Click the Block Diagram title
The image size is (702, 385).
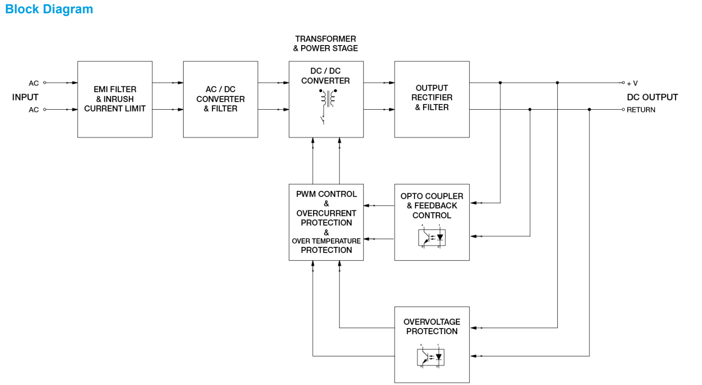tap(49, 9)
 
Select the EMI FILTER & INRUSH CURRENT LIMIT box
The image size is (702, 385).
tap(115, 99)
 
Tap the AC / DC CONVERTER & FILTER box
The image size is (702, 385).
tap(221, 99)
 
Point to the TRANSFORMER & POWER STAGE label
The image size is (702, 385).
tap(325, 43)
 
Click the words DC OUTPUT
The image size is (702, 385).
tap(652, 97)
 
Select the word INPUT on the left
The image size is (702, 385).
tap(25, 97)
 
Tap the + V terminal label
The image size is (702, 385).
tap(632, 83)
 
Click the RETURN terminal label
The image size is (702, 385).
tap(641, 110)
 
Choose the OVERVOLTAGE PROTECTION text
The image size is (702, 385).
tap(432, 327)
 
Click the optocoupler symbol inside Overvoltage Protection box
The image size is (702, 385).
tap(431, 356)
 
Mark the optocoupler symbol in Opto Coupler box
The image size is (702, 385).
tap(431, 235)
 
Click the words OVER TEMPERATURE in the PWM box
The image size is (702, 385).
tap(326, 241)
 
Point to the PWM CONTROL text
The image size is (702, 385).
tap(326, 194)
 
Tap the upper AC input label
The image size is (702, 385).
tap(34, 83)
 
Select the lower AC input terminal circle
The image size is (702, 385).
tap(45, 110)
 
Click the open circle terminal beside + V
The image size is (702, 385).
tap(624, 83)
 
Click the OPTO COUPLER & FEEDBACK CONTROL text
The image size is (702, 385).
tap(432, 206)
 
